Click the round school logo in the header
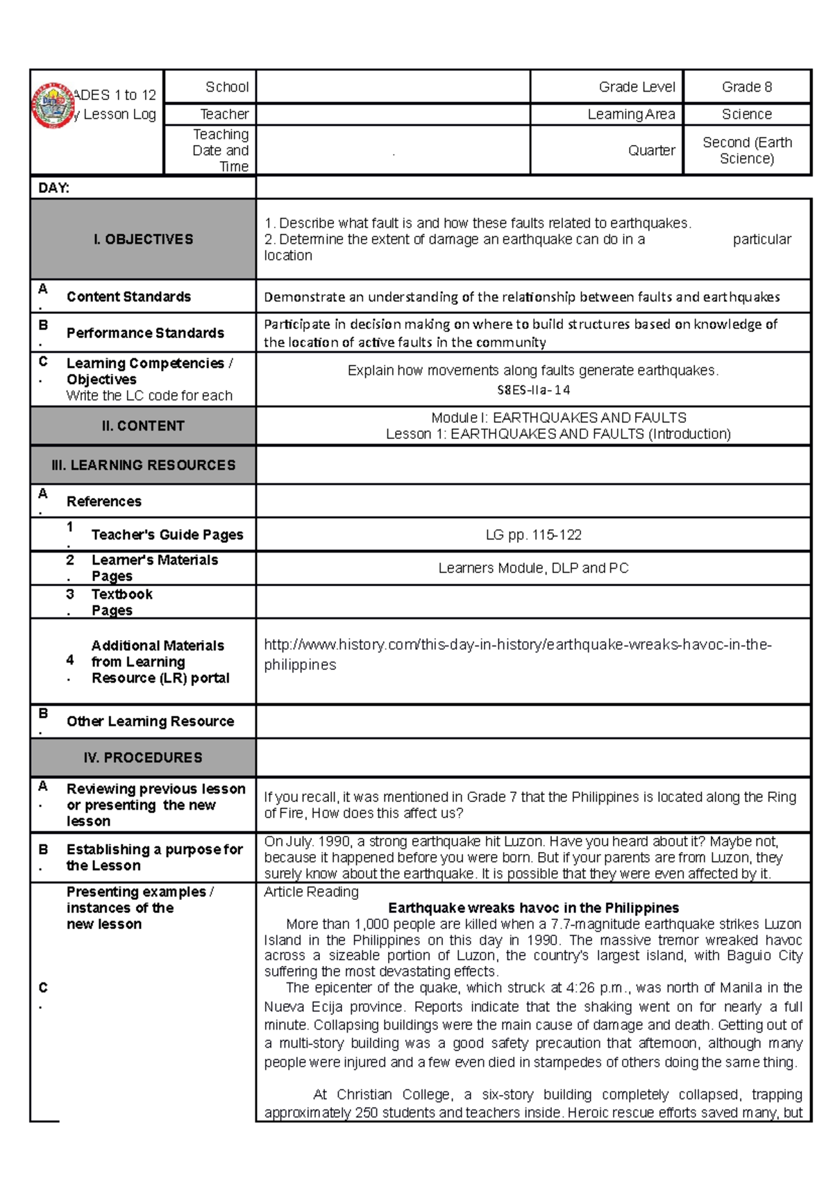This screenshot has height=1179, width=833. pyautogui.click(x=53, y=106)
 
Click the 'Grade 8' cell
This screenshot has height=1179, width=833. pyautogui.click(x=746, y=87)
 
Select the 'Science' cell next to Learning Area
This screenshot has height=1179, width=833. pyautogui.click(x=746, y=114)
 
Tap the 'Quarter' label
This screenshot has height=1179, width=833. pyautogui.click(x=651, y=151)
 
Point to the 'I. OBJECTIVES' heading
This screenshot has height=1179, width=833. pyautogui.click(x=143, y=239)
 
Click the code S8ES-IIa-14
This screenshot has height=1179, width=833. pyautogui.click(x=533, y=390)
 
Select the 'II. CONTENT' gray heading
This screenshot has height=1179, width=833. pyautogui.click(x=143, y=426)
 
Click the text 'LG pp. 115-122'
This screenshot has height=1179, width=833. pyautogui.click(x=533, y=535)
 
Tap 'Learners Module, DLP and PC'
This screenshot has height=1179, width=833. pyautogui.click(x=533, y=568)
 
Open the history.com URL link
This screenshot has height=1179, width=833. pyautogui.click(x=517, y=645)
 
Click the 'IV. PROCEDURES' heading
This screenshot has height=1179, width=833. pyautogui.click(x=143, y=758)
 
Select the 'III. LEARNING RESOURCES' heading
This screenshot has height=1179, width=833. pyautogui.click(x=143, y=465)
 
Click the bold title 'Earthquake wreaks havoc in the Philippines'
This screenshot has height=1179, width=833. pyautogui.click(x=533, y=908)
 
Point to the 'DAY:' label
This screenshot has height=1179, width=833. pyautogui.click(x=53, y=188)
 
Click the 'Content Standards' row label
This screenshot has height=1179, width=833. pyautogui.click(x=128, y=296)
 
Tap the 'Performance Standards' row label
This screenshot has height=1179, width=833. pyautogui.click(x=145, y=333)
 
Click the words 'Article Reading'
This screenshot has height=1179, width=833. pyautogui.click(x=311, y=892)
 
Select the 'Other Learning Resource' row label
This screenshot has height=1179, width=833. pyautogui.click(x=150, y=721)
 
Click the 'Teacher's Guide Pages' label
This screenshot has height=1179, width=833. pyautogui.click(x=167, y=535)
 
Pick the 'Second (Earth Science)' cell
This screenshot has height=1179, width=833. pyautogui.click(x=746, y=151)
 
